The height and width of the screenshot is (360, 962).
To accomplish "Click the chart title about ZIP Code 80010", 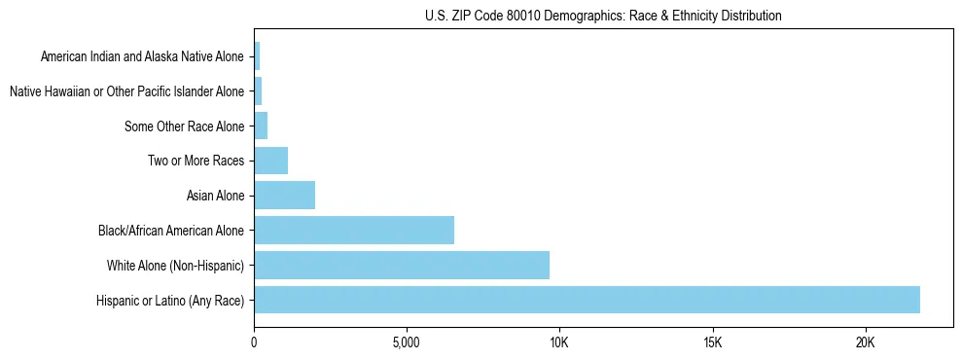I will coord(603,16).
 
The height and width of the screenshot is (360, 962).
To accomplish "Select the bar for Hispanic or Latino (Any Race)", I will coord(587,300).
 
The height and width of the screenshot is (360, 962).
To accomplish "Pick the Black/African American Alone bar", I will coord(354,230).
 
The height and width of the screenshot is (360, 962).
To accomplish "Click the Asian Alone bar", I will coord(284,195).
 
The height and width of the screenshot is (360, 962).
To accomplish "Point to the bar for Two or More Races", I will coord(270,161).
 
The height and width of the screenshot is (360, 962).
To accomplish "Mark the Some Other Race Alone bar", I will coord(261,126).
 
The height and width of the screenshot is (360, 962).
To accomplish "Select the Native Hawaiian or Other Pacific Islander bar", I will coord(258,90).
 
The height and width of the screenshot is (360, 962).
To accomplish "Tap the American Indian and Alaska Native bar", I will coord(257,56).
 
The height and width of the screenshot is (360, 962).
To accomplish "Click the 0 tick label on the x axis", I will coord(254,342).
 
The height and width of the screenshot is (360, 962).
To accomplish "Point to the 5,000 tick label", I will coord(407,342).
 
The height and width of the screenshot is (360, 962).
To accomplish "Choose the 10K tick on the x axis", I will coord(559,342).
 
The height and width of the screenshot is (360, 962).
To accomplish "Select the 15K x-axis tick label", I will coord(712,342).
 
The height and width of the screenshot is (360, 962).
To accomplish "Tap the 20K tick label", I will coord(865,342).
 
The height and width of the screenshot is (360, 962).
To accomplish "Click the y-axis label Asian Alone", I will coord(215,196).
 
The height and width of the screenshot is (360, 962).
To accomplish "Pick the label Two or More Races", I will coord(196,161).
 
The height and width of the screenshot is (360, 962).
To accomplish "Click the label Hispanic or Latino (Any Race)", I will coord(171,300).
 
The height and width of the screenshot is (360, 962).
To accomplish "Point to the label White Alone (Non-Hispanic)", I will coord(176,266).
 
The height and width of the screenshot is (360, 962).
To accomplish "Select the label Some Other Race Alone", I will coord(185,126).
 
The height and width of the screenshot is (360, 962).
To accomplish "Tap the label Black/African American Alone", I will coord(172,231).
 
